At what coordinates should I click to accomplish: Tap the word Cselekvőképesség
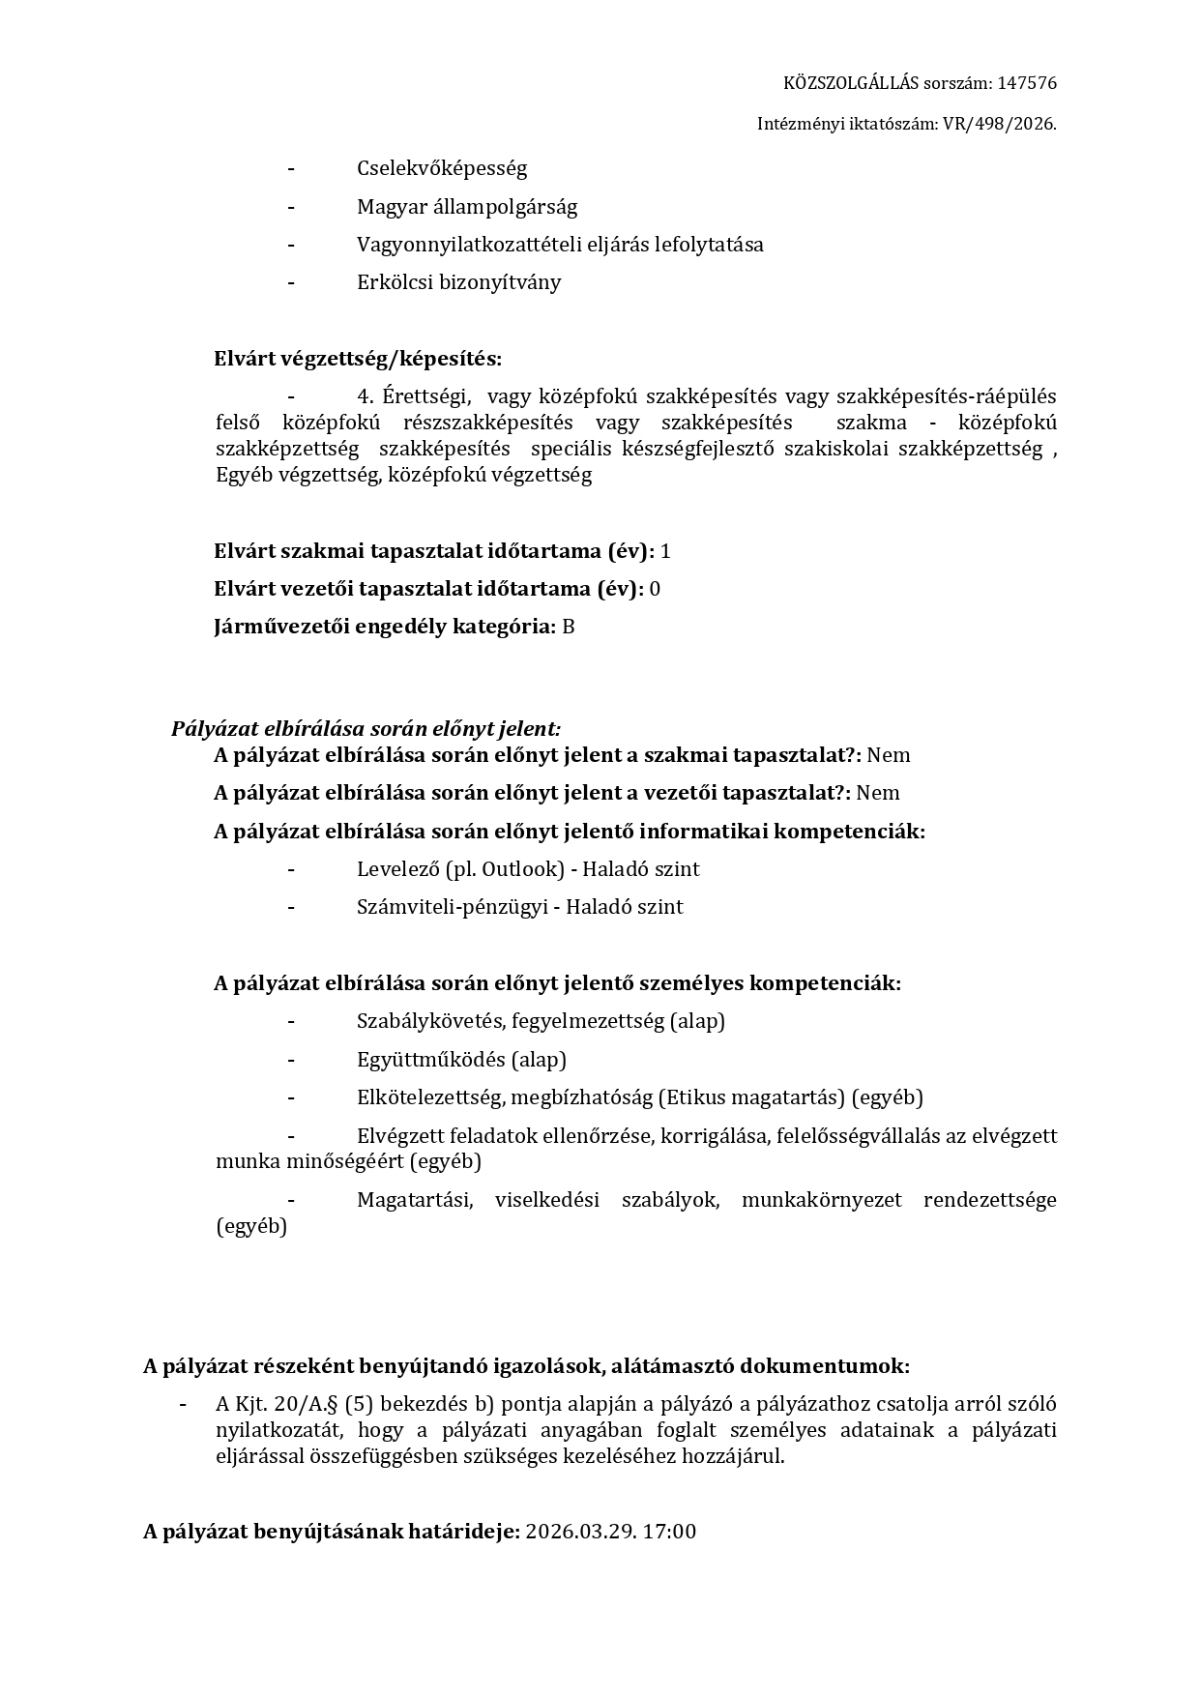[x=442, y=168]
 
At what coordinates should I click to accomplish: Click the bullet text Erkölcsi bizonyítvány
[x=458, y=282]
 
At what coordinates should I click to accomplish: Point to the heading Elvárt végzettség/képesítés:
[x=358, y=359]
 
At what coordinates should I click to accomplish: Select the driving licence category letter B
[x=569, y=627]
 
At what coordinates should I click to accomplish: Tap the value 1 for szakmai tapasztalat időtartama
[x=665, y=551]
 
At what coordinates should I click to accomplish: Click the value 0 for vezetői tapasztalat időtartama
[x=655, y=589]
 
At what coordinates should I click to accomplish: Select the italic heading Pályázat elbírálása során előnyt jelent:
[x=366, y=728]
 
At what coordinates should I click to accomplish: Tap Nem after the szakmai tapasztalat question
[x=889, y=755]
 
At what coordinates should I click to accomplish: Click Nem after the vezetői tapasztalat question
[x=878, y=793]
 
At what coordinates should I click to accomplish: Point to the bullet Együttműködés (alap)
[x=461, y=1060]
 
